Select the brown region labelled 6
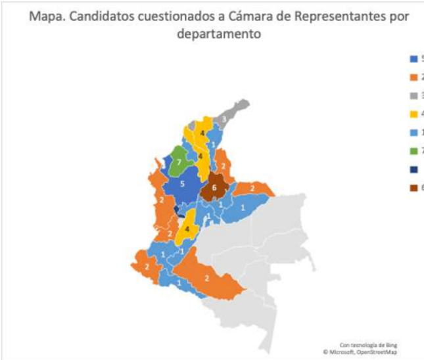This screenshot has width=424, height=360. [214, 188]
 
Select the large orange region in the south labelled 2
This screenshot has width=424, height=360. [208, 278]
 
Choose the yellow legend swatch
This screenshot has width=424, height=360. [413, 114]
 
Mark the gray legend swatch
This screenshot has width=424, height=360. [413, 95]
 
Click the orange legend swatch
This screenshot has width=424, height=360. [413, 76]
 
